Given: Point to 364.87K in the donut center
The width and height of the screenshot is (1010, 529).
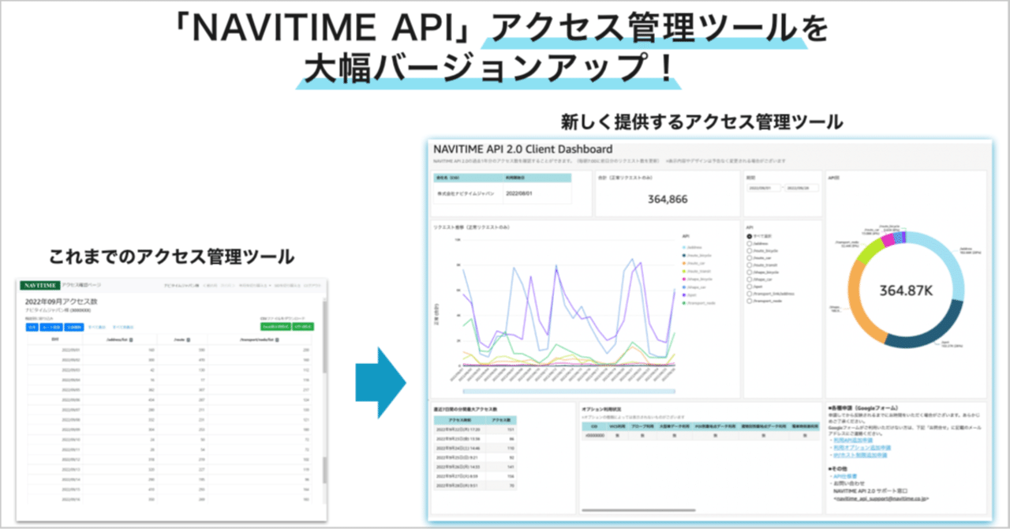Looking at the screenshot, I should pos(905,290).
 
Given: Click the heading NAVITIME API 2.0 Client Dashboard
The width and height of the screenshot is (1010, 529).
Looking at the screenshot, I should pos(522,148).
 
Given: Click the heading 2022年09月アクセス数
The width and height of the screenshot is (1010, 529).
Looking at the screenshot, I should pos(65,302).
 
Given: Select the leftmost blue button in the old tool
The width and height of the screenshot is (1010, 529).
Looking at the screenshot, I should pos(32,326).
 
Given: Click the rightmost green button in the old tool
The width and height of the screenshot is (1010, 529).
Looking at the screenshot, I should pos(303,326).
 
